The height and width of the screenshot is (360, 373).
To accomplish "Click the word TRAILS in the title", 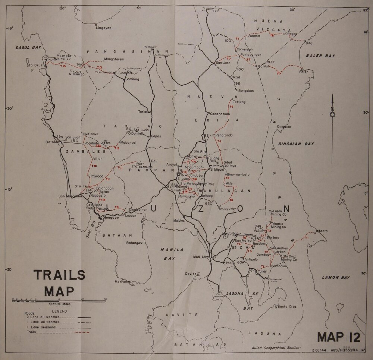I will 60,275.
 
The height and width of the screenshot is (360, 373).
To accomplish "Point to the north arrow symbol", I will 332,108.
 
